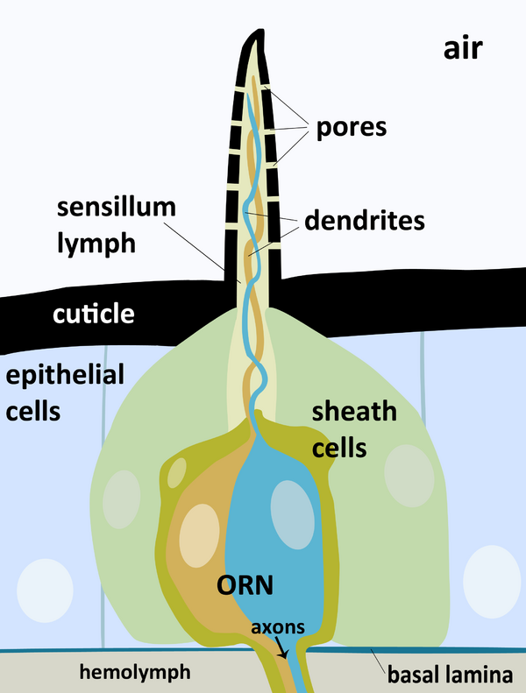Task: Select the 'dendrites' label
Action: point(364,220)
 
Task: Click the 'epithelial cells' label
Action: point(65,392)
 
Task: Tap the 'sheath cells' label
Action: point(355,429)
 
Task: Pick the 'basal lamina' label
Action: point(449,675)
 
